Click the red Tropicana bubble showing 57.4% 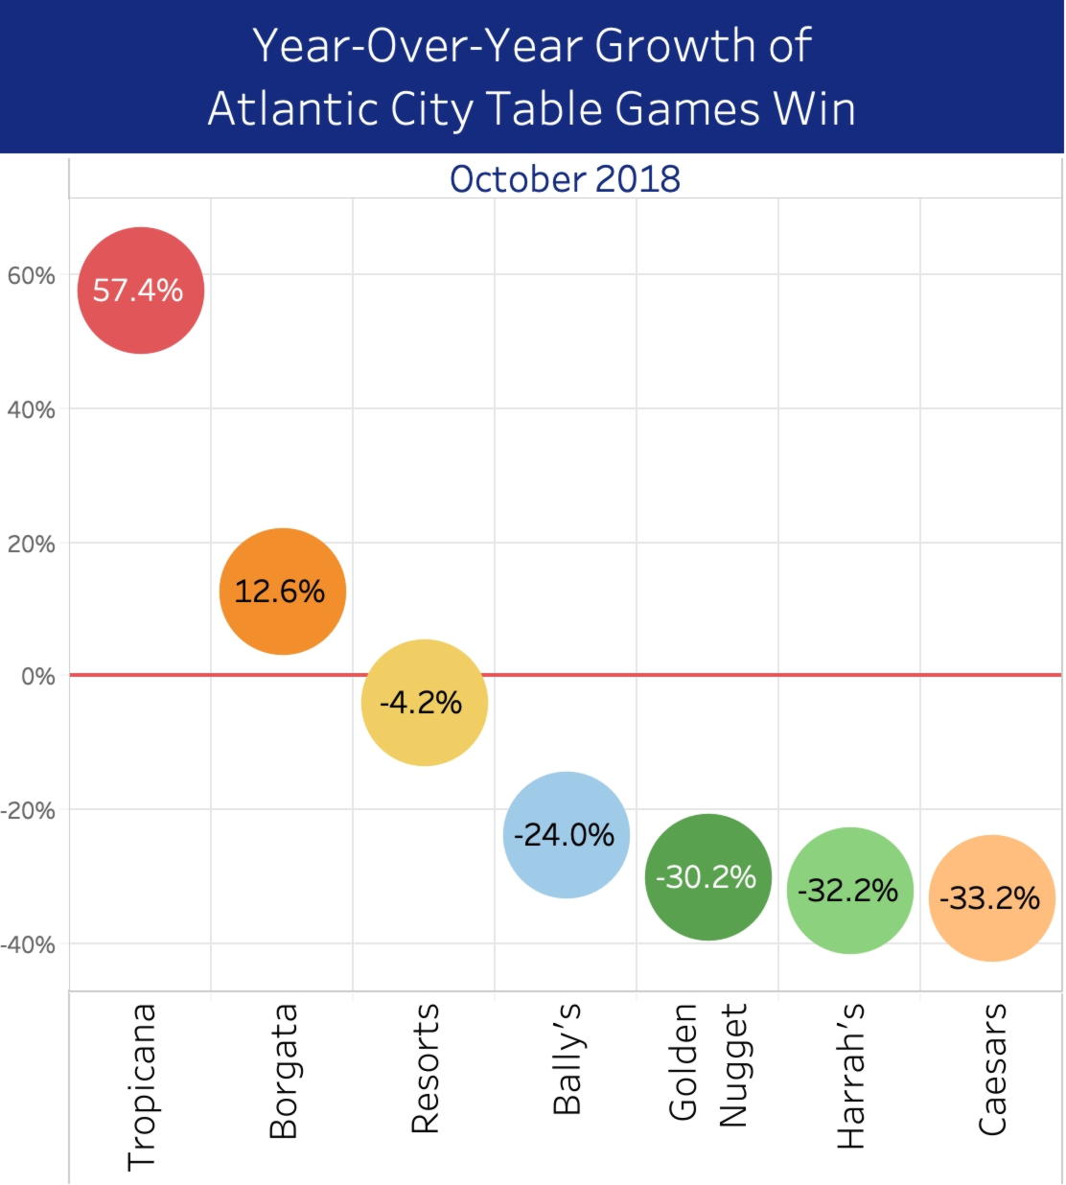pos(140,290)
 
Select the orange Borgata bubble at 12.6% pos(282,591)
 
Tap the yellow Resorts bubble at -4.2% pos(424,702)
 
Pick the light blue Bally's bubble pos(566,834)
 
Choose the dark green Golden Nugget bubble pos(707,876)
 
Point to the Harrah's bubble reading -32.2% pos(849,890)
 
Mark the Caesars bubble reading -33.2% pos(991,897)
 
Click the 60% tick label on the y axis pos(32,276)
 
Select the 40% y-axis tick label pos(32,410)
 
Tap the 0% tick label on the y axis pos(38,677)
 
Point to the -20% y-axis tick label pos(28,810)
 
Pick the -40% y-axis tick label pos(28,944)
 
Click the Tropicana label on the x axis pos(141,1086)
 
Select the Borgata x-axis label pos(283,1070)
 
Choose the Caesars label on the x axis pos(992,1068)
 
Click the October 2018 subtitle pos(565,179)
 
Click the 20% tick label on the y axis pos(32,544)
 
